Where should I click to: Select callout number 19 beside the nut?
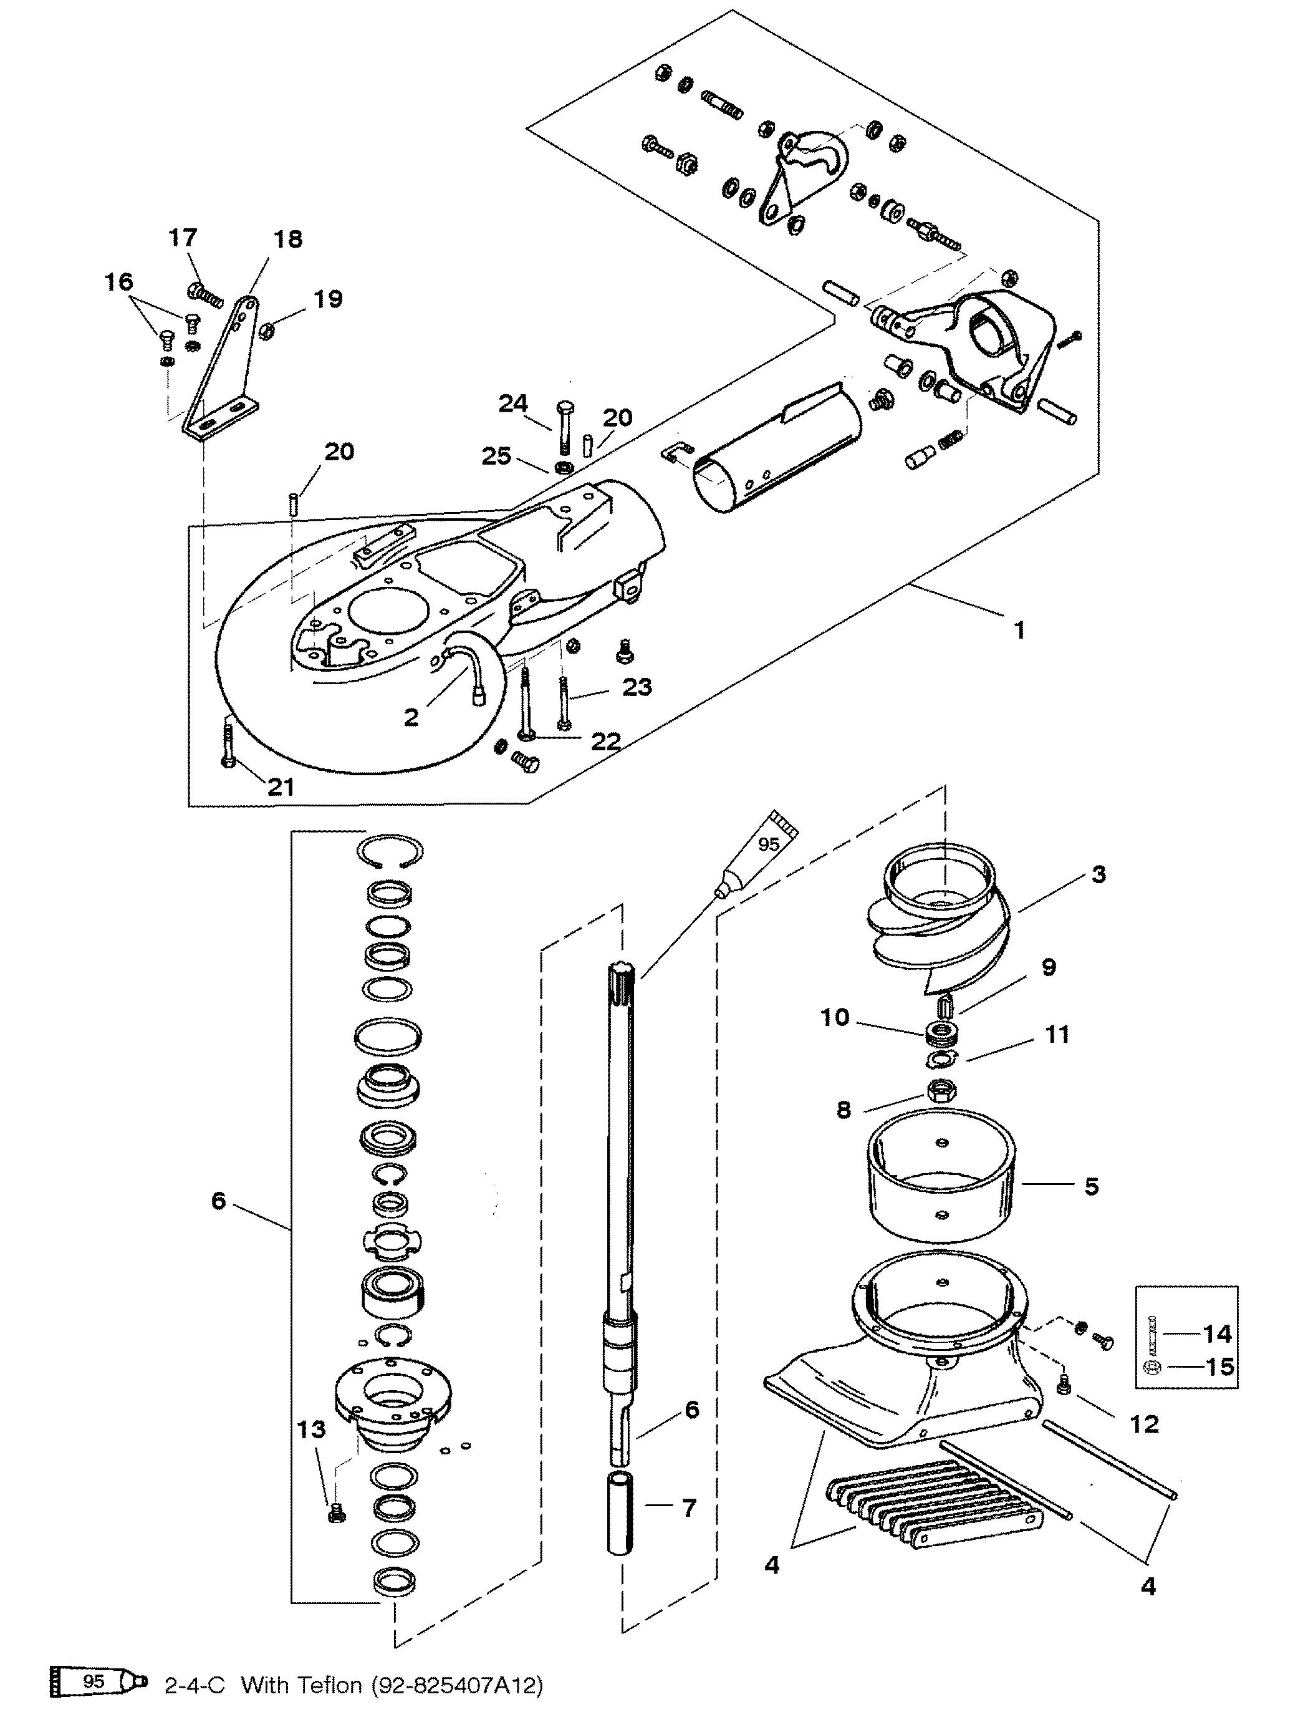click(x=327, y=299)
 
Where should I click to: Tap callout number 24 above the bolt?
click(x=513, y=404)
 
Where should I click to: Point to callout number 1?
click(x=1019, y=630)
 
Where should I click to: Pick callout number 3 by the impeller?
click(x=1098, y=874)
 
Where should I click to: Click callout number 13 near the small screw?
click(x=311, y=1429)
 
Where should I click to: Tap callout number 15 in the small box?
click(x=1219, y=1367)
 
